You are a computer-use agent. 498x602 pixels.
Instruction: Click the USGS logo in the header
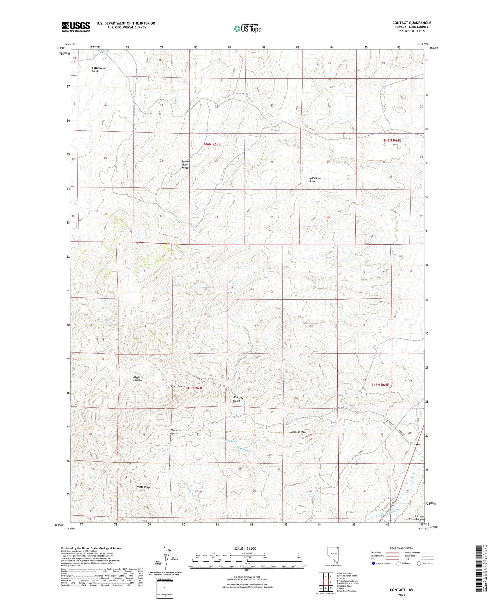click(x=76, y=27)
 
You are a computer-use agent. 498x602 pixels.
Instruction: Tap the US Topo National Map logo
click(x=247, y=28)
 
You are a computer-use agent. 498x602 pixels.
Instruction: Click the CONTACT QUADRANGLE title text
click(x=411, y=23)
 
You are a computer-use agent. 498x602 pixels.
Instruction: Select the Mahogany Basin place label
click(x=315, y=180)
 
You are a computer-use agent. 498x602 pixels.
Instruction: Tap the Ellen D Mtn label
click(x=178, y=386)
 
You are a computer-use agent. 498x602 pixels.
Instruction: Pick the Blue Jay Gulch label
click(x=238, y=399)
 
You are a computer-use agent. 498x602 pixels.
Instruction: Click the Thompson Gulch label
click(x=176, y=432)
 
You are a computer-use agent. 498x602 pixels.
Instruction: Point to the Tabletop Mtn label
click(x=298, y=432)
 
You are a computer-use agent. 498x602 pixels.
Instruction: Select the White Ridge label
click(x=143, y=487)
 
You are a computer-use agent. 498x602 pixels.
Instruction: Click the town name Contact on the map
click(x=414, y=444)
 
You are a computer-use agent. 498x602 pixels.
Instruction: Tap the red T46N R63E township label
click(x=211, y=144)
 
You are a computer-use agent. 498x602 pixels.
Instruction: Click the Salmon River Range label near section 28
click(x=185, y=165)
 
